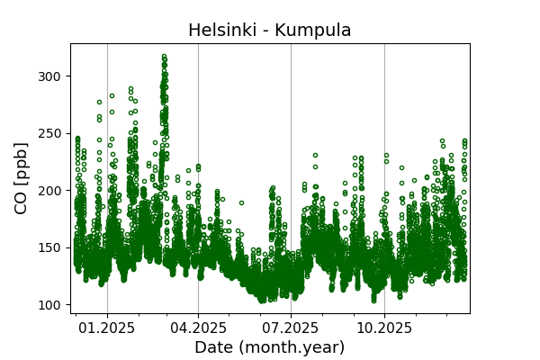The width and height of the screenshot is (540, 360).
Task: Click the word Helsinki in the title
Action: point(219,30)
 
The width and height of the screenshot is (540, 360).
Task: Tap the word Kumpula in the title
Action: point(313,30)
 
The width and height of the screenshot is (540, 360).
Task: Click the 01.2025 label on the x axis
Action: point(107,328)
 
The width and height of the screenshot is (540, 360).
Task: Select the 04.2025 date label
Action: point(198,328)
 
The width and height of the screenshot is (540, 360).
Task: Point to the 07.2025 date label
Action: point(291,328)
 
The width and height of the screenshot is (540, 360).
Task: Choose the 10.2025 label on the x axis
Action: point(384,328)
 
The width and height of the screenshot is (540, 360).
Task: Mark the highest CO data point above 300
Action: point(164,56)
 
